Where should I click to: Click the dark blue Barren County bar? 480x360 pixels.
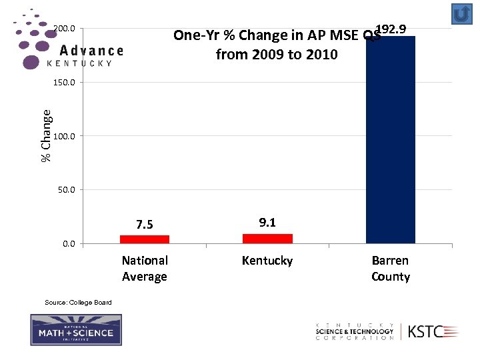point(390,140)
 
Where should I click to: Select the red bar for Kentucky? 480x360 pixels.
point(267,239)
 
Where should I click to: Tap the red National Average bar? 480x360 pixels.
point(145,239)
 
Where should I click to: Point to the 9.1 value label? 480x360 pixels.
point(267,223)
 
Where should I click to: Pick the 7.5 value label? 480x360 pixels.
point(145,225)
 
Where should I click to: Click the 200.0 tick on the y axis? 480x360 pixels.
point(64,29)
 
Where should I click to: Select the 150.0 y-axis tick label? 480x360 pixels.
point(64,83)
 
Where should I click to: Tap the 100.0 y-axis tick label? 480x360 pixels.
point(64,136)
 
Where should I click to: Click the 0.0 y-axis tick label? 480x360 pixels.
point(69,244)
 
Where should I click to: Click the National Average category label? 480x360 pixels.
point(145,269)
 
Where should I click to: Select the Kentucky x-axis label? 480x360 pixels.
point(267,261)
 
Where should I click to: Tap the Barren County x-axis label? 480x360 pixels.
point(390,269)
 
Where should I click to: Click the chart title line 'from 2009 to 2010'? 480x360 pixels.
point(277,55)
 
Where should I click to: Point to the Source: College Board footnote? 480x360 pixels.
point(78,303)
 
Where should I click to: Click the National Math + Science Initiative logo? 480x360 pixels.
point(76,330)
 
